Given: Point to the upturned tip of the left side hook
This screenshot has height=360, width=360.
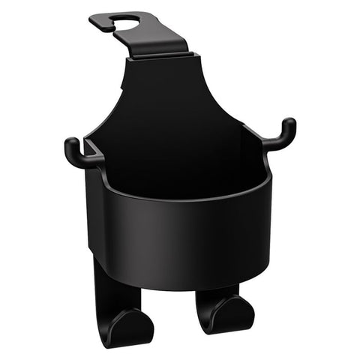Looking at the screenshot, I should [70, 144].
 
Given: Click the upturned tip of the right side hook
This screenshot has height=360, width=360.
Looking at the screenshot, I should [289, 125].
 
